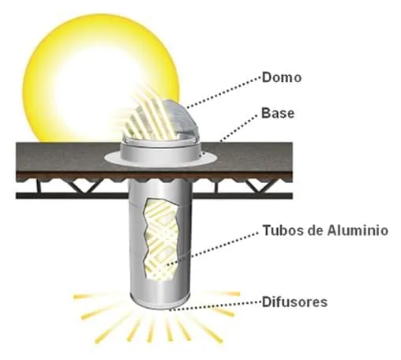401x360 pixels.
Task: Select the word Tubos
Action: pyautogui.click(x=279, y=232)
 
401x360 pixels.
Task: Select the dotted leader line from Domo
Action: pyautogui.click(x=229, y=92)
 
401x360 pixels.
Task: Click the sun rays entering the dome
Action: pyautogui.click(x=146, y=111)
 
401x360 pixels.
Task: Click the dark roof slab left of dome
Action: pyautogui.click(x=55, y=162)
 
